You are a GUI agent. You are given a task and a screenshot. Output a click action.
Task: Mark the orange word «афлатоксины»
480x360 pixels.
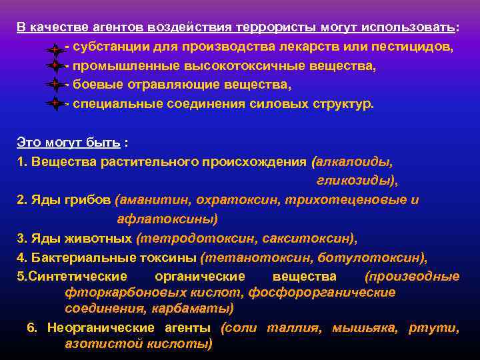click(x=167, y=218)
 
